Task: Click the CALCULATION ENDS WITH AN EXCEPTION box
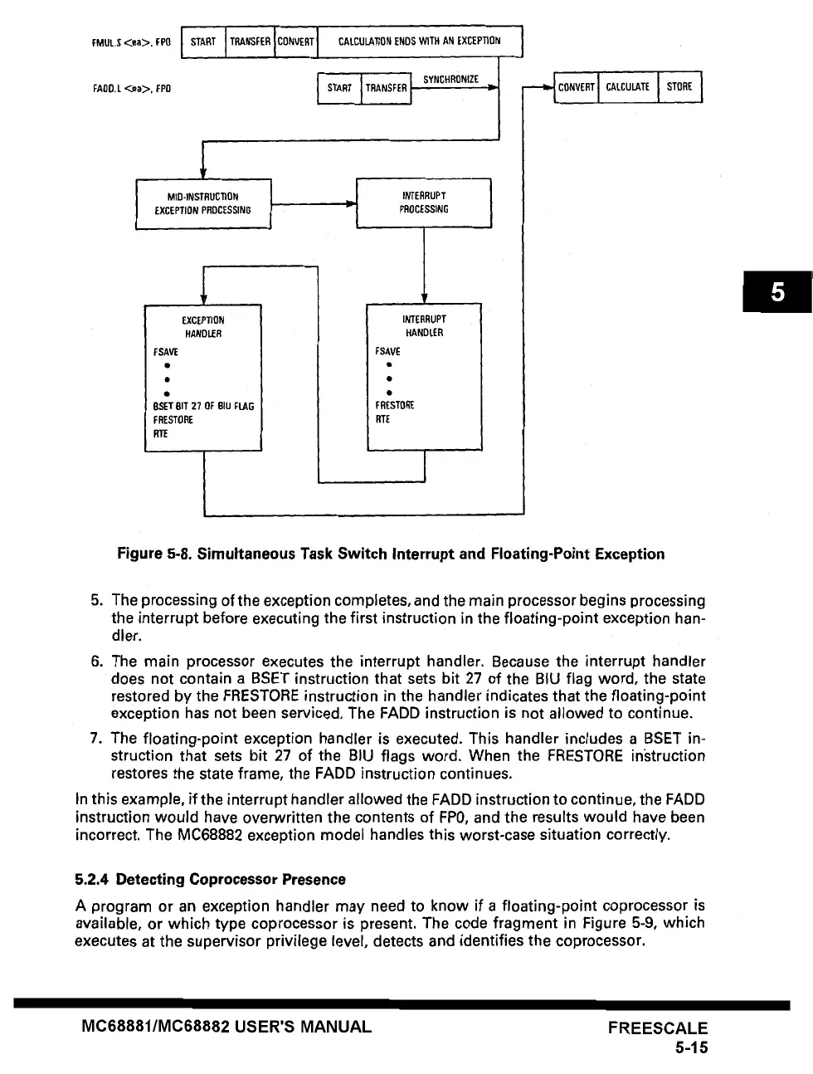point(420,41)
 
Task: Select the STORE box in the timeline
point(679,87)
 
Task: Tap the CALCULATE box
point(627,87)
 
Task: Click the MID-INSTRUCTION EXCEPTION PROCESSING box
point(203,203)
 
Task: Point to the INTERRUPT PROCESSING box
point(424,203)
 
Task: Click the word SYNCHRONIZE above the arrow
point(450,80)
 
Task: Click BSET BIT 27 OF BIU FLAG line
point(203,407)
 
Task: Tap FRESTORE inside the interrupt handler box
point(395,406)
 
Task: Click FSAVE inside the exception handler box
point(166,352)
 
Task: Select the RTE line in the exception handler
point(160,434)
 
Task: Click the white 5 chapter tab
point(777,292)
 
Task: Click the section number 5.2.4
point(92,879)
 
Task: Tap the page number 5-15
point(690,1047)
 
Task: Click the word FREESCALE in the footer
point(657,1028)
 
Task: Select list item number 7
point(96,738)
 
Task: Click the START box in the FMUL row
point(203,41)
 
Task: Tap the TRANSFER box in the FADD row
point(387,89)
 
